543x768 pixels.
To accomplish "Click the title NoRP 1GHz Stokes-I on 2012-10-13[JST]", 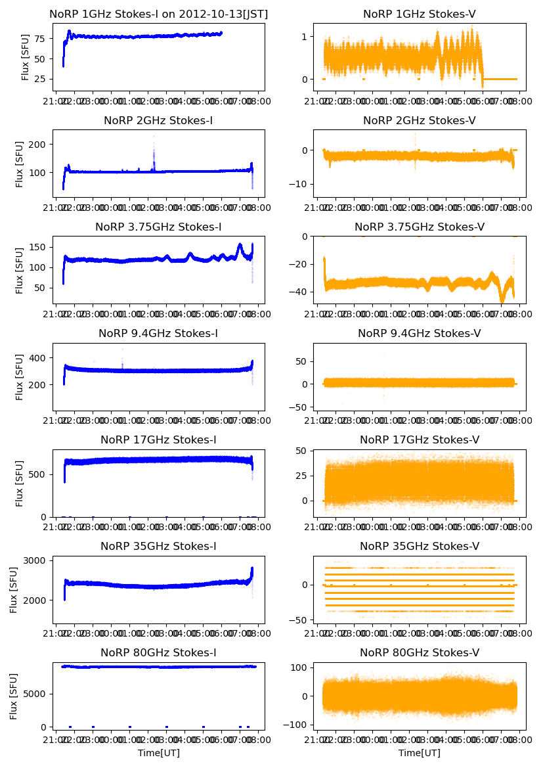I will click(158, 14).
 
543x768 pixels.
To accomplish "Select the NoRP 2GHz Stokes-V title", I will click(420, 120).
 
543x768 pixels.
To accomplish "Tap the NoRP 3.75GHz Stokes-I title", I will click(158, 227).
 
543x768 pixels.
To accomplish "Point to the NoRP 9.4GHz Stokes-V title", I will click(420, 333).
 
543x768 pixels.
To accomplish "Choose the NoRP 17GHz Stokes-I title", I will click(158, 440).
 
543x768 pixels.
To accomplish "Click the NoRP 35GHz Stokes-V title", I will click(420, 546).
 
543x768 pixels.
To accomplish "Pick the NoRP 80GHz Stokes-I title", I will click(158, 652).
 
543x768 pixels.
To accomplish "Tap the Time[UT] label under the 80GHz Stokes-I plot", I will click(158, 753).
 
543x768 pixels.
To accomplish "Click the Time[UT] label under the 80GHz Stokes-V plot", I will click(420, 753).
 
